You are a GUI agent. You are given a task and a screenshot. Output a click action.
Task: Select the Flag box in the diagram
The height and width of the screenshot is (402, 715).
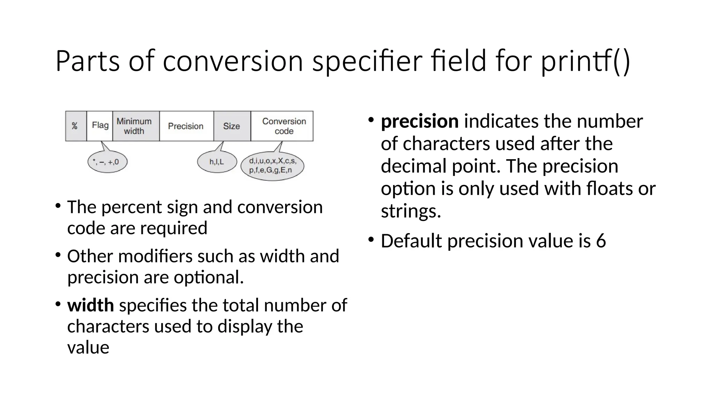pyautogui.click(x=100, y=126)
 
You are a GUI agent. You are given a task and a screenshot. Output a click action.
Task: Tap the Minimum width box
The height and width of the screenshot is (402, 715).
pyautogui.click(x=136, y=126)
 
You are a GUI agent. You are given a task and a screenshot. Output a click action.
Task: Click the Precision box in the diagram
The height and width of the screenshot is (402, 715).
pyautogui.click(x=186, y=126)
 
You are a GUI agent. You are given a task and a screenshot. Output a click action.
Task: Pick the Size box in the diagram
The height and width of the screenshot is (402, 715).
pyautogui.click(x=232, y=126)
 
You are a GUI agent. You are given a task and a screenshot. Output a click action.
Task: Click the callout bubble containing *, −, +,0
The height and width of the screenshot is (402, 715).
pyautogui.click(x=108, y=162)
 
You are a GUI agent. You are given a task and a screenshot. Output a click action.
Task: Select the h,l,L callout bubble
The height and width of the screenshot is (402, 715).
pyautogui.click(x=217, y=162)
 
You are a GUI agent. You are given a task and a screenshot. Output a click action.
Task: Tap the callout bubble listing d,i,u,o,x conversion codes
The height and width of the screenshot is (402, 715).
pyautogui.click(x=272, y=166)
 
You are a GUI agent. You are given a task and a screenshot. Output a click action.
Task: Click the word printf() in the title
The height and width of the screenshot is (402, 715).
pyautogui.click(x=585, y=61)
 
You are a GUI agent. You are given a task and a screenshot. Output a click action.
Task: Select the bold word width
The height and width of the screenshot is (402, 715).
pyautogui.click(x=90, y=305)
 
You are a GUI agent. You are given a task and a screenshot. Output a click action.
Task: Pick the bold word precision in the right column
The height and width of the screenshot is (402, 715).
pyautogui.click(x=420, y=121)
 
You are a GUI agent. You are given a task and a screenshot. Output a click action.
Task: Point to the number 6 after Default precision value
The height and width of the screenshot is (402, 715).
pyautogui.click(x=601, y=241)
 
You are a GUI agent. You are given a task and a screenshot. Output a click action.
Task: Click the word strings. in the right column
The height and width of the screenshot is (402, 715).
pyautogui.click(x=411, y=211)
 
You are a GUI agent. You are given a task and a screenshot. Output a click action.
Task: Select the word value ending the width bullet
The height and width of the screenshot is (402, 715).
pyautogui.click(x=88, y=348)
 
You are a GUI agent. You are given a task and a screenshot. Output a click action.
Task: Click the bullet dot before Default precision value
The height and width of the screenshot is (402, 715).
pyautogui.click(x=371, y=240)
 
